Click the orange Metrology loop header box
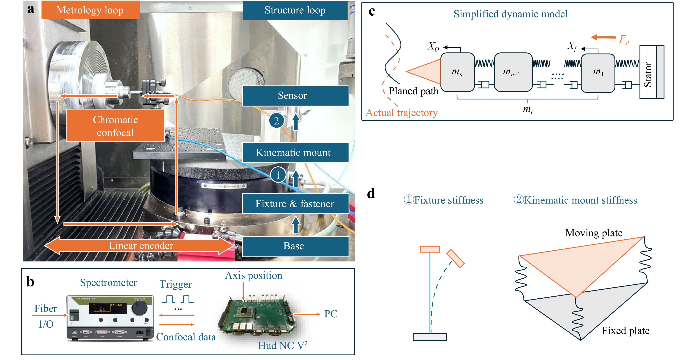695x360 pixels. [90, 10]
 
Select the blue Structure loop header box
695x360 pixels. [295, 10]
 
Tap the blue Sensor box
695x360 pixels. [295, 96]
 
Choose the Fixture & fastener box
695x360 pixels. [295, 204]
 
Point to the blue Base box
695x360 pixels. [295, 246]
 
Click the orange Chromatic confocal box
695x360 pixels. [115, 126]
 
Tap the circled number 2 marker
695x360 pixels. [277, 121]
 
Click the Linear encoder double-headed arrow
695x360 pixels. [140, 246]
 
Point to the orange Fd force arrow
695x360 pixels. [603, 37]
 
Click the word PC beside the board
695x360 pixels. [331, 314]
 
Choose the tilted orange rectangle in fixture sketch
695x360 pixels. [455, 258]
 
